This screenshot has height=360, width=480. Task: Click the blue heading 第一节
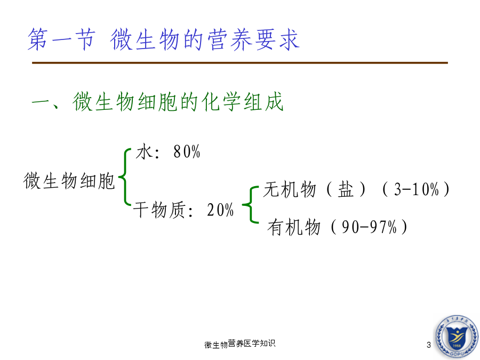point(61,39)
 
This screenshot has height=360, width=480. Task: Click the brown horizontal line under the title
point(239,63)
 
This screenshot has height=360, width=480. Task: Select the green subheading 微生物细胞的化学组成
point(178,102)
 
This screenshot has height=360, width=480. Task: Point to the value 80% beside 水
point(187,151)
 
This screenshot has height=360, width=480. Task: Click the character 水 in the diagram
point(144,151)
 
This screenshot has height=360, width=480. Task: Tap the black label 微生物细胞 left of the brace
point(69,181)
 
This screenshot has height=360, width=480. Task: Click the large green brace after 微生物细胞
point(125,177)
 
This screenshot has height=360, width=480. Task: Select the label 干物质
point(159,210)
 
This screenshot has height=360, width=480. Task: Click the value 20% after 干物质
point(220,210)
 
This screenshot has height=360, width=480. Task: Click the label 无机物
point(290,189)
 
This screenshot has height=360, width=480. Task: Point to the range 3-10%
point(417,189)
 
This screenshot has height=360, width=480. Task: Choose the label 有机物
point(294,227)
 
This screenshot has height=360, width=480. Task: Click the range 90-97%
point(369,227)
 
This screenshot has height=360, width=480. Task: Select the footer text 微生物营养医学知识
point(239,344)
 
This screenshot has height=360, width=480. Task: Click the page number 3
point(429,345)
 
